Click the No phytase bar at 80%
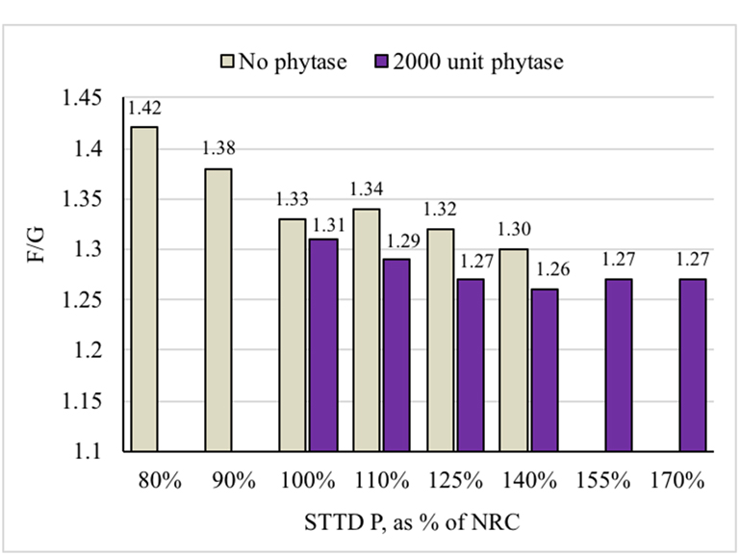pos(144,289)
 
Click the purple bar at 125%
pos(471,365)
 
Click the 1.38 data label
pos(218,149)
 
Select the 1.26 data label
pos(544,269)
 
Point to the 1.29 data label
pos(396,240)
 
